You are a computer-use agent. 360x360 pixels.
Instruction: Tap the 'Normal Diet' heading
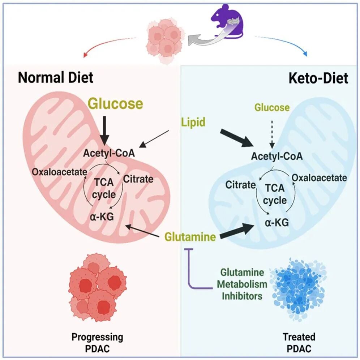coord(56,77)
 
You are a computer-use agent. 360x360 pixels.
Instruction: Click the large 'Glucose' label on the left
coord(116,103)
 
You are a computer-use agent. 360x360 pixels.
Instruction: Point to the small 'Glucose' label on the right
coord(272,107)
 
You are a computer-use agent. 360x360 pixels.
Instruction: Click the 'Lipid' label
coord(193,122)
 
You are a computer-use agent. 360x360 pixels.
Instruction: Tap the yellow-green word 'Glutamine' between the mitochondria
coord(190,236)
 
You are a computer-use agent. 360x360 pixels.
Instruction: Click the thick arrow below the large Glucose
coord(105,130)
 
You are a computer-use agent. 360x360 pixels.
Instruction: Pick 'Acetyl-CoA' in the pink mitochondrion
coord(109,153)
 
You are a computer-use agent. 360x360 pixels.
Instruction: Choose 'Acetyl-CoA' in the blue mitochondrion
coord(277,157)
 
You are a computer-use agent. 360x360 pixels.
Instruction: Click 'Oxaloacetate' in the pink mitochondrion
coord(60,172)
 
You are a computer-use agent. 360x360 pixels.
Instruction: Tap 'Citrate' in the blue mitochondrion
coord(241,185)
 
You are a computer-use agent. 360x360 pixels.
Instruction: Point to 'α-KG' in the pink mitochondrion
coord(102,217)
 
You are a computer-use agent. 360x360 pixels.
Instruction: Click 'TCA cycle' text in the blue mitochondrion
coord(275,194)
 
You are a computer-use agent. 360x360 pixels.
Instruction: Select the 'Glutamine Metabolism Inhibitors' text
coord(242,284)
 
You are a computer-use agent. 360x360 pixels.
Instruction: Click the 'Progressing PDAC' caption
coord(97,343)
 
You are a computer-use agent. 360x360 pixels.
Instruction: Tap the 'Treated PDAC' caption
coord(299,343)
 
